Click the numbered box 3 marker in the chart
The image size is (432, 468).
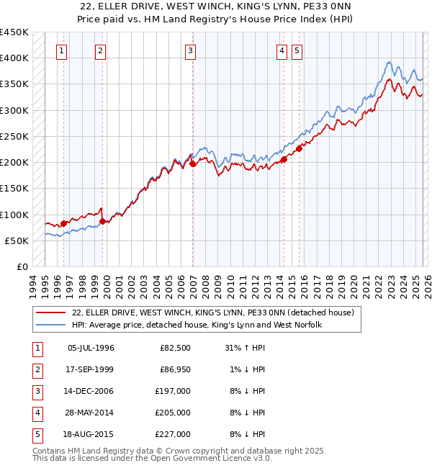[x=189, y=50]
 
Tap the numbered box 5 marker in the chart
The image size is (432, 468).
[x=297, y=50]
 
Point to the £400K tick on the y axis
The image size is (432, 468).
[x=14, y=58]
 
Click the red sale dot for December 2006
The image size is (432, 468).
[x=192, y=164]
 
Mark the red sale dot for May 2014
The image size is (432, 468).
[x=284, y=160]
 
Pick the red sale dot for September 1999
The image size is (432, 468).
[x=103, y=221]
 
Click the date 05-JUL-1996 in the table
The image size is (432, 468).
[x=91, y=348]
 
